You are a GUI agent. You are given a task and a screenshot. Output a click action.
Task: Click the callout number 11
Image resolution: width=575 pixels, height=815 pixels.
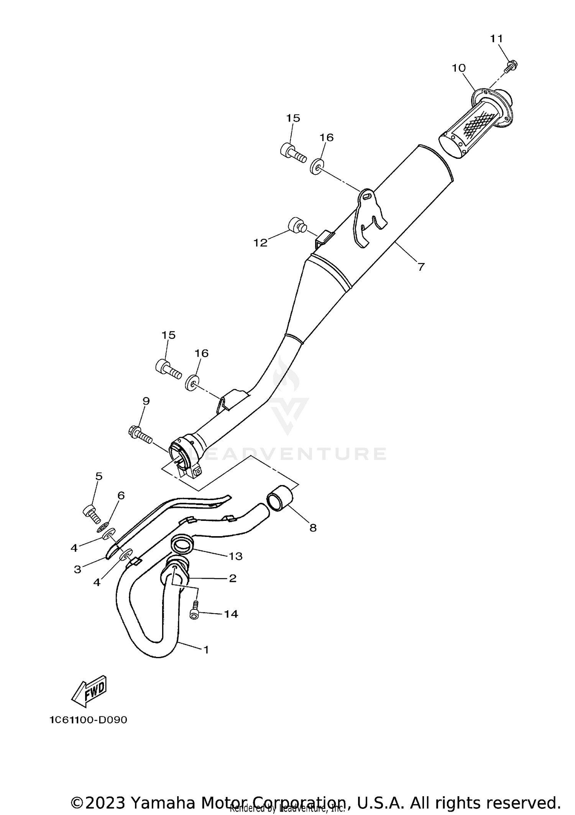pyautogui.click(x=496, y=39)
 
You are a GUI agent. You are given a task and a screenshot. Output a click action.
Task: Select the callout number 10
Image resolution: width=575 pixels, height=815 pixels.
pyautogui.click(x=458, y=68)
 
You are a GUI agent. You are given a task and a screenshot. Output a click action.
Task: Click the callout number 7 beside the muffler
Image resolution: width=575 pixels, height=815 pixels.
pyautogui.click(x=421, y=267)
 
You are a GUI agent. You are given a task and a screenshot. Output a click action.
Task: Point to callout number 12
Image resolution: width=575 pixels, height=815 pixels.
pyautogui.click(x=260, y=243)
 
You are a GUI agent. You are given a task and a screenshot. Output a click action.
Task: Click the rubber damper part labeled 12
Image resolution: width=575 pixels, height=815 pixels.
pyautogui.click(x=296, y=225)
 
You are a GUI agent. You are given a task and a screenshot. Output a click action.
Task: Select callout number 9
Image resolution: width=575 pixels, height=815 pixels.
pyautogui.click(x=146, y=401)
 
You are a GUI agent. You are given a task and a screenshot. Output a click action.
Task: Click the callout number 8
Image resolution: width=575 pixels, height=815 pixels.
pyautogui.click(x=313, y=528)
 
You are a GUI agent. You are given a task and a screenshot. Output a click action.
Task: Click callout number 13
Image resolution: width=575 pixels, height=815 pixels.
pyautogui.click(x=236, y=556)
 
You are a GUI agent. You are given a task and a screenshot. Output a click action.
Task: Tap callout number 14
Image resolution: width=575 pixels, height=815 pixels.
pyautogui.click(x=231, y=614)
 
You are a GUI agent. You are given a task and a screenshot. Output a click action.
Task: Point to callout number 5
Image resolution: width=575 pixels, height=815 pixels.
pyautogui.click(x=99, y=476)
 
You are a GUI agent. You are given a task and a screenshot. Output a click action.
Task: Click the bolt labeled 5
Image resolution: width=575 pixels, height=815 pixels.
pyautogui.click(x=91, y=513)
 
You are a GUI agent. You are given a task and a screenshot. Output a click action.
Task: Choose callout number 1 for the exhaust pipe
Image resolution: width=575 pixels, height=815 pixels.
pyautogui.click(x=206, y=650)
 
